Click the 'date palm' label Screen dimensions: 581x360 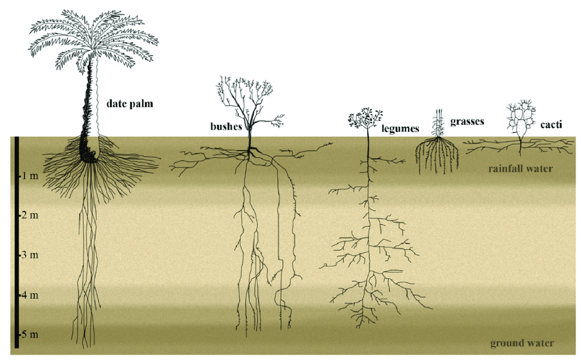[130, 104]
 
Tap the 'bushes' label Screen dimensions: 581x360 [226, 126]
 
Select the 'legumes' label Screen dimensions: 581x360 [400, 128]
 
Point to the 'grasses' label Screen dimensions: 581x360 [468, 122]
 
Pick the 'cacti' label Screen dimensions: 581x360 [551, 124]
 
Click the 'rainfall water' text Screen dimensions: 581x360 [521, 169]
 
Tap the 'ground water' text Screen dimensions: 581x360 [522, 344]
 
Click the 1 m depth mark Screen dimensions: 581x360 [29, 176]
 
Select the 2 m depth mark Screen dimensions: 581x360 [29, 215]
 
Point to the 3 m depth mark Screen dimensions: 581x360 [29, 255]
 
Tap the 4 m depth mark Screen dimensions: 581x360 [29, 295]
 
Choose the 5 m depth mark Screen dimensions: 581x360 [29, 335]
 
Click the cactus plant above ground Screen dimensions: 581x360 [522, 118]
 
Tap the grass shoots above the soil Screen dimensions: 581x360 [439, 123]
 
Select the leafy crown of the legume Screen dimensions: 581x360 [366, 117]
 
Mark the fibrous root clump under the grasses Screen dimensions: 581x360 [437, 156]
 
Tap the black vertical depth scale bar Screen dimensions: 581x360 [16, 243]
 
